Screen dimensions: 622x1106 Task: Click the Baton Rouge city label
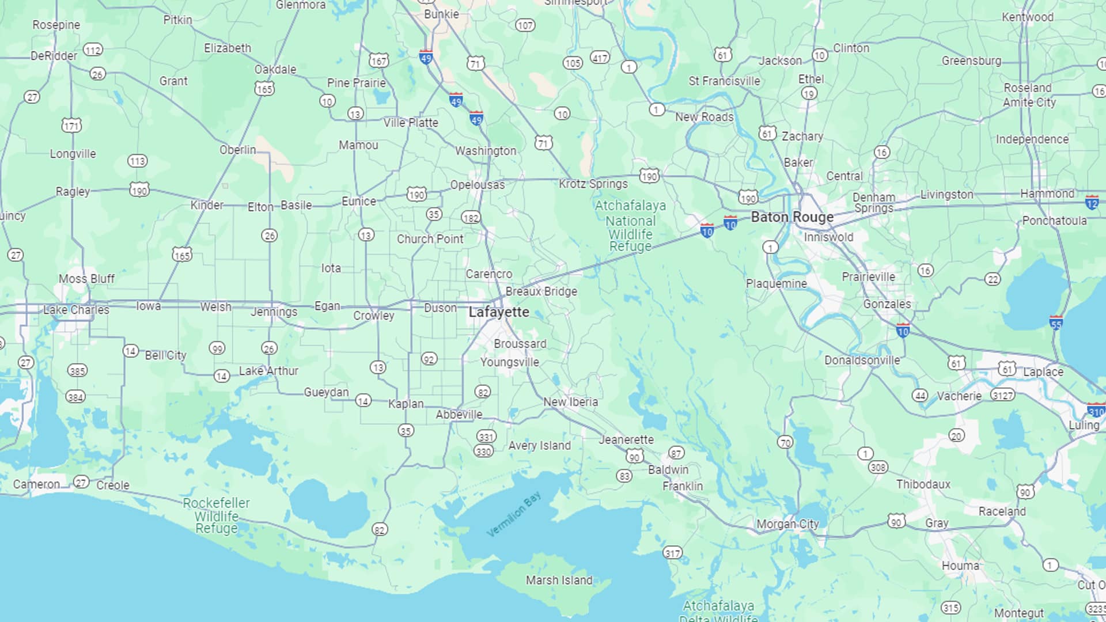pos(792,217)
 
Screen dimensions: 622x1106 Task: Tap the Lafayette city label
pos(498,312)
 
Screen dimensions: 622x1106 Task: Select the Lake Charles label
pos(76,310)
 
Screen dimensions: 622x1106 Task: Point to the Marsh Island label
pos(559,581)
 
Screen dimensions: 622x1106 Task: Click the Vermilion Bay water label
pos(514,514)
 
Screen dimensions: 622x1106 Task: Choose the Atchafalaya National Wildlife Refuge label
pos(630,226)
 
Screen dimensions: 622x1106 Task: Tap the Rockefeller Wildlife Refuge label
pos(216,515)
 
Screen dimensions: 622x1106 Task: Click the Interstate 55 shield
pos(1056,323)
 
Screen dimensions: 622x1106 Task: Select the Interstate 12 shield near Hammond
pos(1092,202)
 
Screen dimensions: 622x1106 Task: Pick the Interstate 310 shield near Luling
pos(1096,410)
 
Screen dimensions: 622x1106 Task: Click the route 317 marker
pos(672,553)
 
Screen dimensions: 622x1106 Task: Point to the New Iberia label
pos(570,402)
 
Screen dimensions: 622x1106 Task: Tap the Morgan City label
pos(787,524)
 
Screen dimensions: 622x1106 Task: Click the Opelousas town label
pos(477,185)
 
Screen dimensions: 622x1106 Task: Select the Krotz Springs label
pos(593,184)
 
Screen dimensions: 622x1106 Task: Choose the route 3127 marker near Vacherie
pos(1002,395)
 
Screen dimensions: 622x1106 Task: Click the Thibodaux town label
pos(923,484)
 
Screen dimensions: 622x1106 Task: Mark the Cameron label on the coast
pos(36,484)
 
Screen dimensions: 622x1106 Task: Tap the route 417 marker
pos(600,58)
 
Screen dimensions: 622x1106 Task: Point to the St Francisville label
pos(724,81)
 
